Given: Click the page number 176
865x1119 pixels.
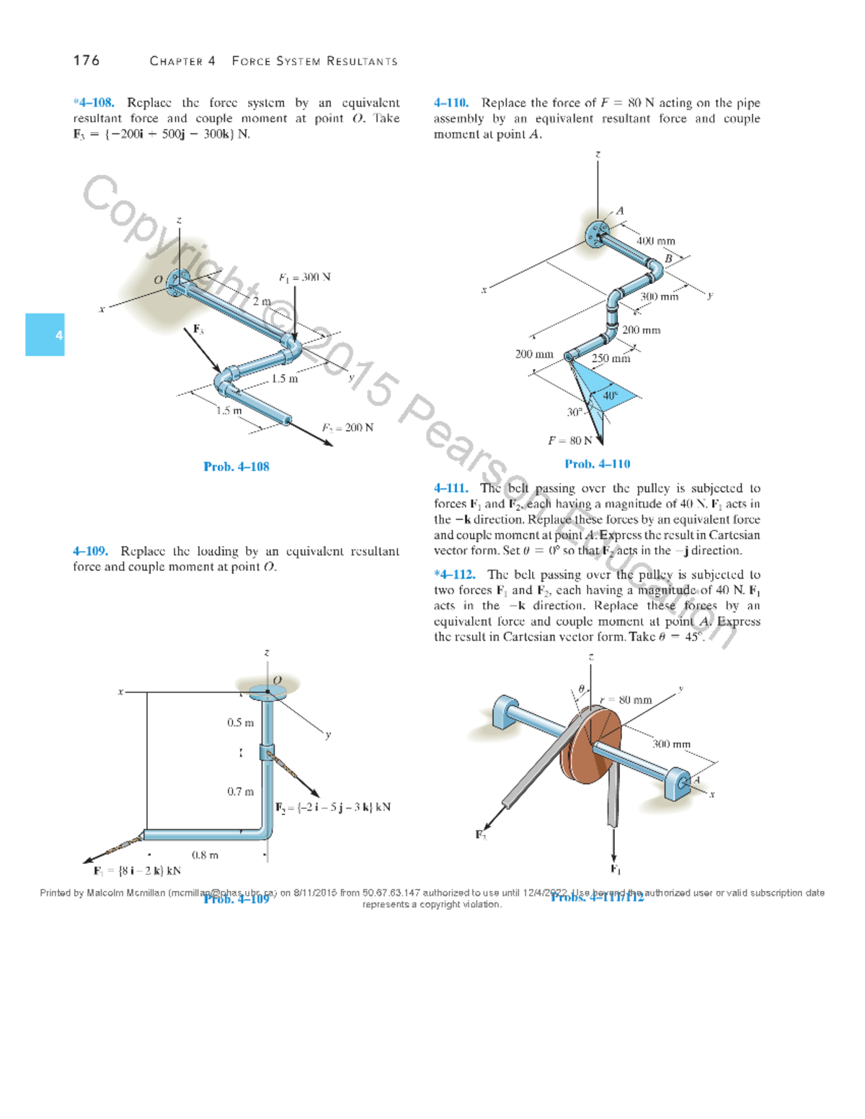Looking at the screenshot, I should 86,61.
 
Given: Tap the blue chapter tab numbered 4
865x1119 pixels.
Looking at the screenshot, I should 45,334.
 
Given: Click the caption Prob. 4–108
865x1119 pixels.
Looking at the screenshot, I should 236,467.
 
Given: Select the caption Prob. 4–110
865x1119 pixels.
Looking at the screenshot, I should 597,464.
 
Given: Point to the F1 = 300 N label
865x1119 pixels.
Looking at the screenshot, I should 304,277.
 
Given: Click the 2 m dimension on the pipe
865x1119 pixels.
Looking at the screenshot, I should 262,301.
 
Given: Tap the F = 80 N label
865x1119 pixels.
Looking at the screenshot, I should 570,440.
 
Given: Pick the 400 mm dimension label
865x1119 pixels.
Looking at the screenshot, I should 656,241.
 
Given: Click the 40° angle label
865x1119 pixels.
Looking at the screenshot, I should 610,396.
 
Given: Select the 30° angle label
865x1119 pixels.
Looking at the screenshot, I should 574,412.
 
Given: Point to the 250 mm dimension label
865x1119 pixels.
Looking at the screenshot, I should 611,358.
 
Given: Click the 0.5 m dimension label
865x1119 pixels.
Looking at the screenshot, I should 240,723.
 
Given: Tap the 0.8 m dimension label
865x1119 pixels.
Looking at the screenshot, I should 205,855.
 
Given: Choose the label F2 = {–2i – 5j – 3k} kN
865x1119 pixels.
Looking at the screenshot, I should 333,807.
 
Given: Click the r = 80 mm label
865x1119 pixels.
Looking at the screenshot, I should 626,700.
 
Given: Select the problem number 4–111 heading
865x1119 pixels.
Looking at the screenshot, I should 451,489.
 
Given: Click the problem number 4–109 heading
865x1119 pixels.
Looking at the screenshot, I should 90,551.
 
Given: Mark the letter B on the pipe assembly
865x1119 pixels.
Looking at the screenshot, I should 668,259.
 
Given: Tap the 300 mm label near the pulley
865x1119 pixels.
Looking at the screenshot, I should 671,744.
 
